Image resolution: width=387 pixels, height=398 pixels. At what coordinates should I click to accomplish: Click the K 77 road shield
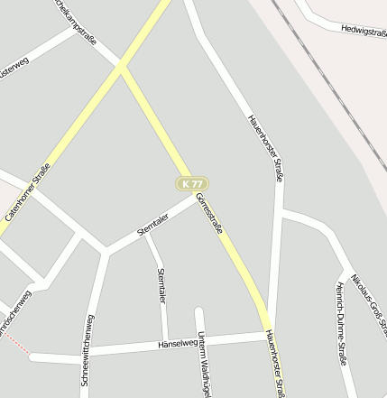point(191,183)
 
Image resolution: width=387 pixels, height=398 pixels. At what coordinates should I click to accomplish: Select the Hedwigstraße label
point(364,30)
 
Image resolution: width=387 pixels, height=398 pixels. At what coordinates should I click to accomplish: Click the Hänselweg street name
point(176,344)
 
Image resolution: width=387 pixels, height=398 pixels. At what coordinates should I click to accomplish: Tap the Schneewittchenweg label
point(88,350)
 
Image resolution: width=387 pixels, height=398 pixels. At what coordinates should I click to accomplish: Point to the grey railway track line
point(325,72)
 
